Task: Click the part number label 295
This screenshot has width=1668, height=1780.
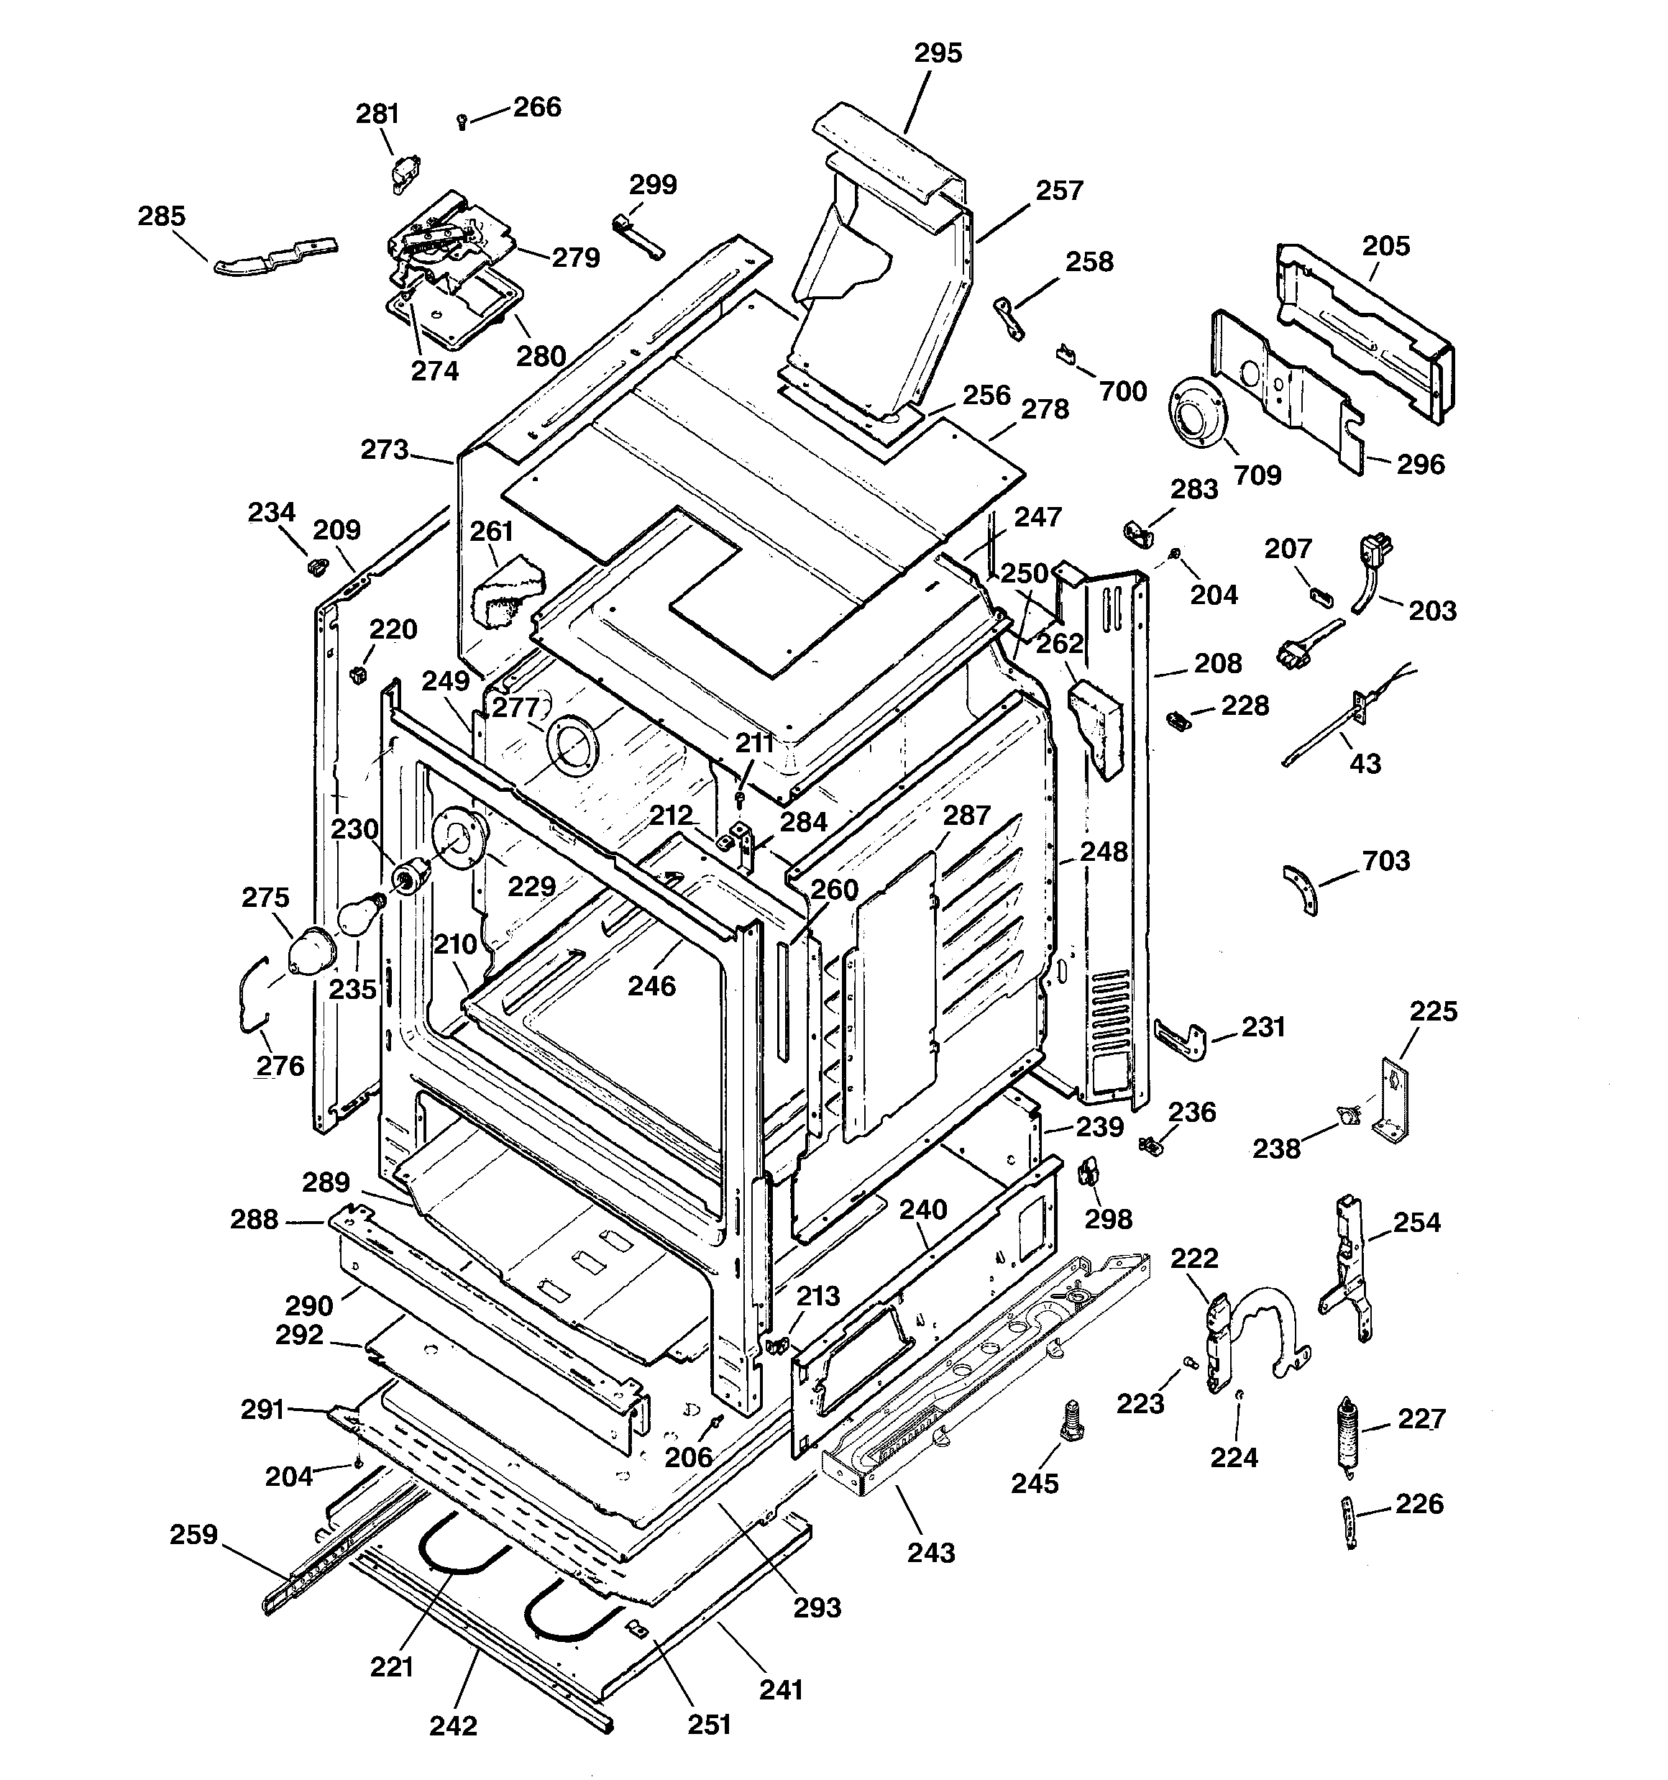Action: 938,54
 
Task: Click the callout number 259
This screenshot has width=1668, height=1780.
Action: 194,1535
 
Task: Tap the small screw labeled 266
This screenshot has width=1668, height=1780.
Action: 462,121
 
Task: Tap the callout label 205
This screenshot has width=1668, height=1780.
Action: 1386,246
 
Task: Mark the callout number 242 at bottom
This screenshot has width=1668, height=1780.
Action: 453,1725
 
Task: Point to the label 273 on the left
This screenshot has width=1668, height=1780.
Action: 384,449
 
